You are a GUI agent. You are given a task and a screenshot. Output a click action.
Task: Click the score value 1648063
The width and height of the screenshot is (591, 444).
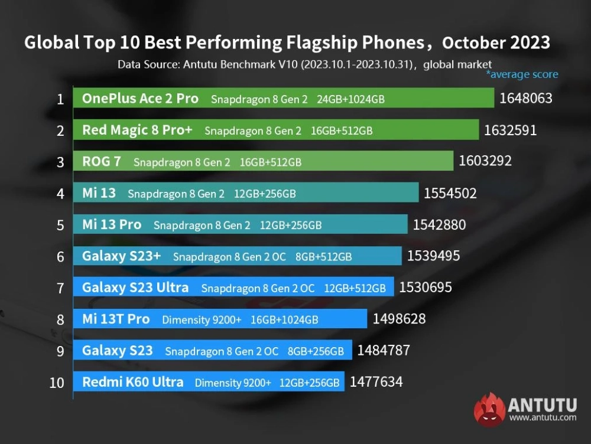(x=525, y=98)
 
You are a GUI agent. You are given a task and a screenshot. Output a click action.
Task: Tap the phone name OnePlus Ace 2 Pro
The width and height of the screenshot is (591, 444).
(x=140, y=99)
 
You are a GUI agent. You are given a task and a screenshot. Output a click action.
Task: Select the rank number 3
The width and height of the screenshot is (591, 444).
(x=60, y=162)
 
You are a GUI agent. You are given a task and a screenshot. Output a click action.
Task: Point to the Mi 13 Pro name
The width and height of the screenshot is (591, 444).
(x=112, y=224)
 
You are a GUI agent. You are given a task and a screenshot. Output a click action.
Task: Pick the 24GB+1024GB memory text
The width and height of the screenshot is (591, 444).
(x=350, y=99)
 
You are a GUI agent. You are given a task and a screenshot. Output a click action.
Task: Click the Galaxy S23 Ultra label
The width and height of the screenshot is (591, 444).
(x=135, y=288)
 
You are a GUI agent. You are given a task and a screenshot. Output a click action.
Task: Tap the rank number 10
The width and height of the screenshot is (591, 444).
(x=57, y=383)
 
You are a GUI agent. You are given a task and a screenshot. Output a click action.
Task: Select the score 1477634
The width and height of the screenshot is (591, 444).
(x=376, y=381)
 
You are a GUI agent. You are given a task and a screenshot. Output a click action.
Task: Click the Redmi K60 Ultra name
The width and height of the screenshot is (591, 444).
(x=133, y=382)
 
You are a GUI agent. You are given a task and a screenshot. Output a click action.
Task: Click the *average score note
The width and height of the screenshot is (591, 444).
(x=522, y=74)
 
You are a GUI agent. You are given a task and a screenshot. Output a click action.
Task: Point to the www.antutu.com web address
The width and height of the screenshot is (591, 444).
(x=543, y=417)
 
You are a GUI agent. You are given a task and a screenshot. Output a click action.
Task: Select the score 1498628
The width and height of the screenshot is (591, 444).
(x=399, y=319)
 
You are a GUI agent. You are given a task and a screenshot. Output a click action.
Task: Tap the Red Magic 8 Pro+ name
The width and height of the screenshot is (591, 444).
(x=137, y=130)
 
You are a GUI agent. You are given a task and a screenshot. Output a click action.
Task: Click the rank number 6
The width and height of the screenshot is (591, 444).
(x=60, y=257)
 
